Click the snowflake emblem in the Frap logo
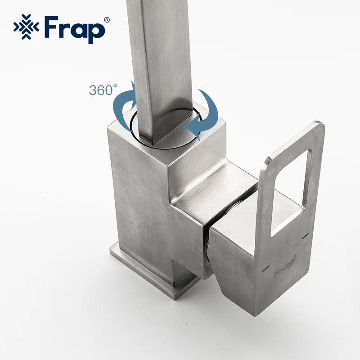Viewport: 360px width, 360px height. pyautogui.click(x=26, y=27)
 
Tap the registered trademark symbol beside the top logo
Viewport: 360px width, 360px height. pyautogui.click(x=107, y=20)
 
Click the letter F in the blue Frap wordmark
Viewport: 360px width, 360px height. pyautogui.click(x=51, y=27)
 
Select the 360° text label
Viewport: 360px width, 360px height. pyautogui.click(x=103, y=90)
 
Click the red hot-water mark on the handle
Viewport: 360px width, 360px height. pyautogui.click(x=266, y=268)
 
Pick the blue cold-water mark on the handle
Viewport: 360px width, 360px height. pyautogui.click(x=305, y=236)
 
